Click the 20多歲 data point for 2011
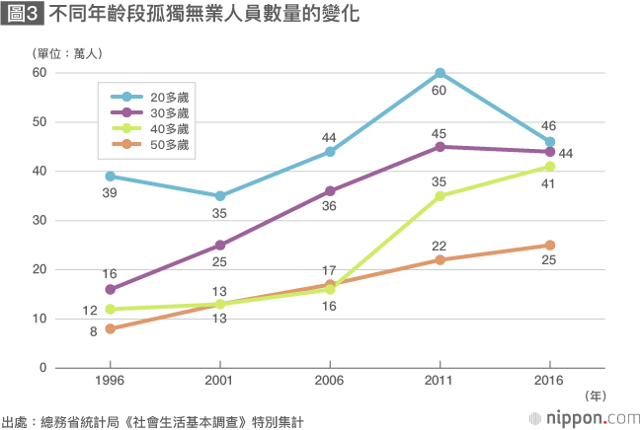coord(440,73)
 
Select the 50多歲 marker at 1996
coord(111,328)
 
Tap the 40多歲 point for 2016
coord(549,167)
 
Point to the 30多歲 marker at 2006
coord(330,191)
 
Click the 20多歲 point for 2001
coord(220,196)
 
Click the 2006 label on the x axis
coord(330,380)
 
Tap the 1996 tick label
coord(111,380)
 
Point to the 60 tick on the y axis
coord(40,73)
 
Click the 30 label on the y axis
coord(40,221)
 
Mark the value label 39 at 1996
coord(111,193)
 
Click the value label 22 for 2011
coord(440,244)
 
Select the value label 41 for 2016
coord(549,184)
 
